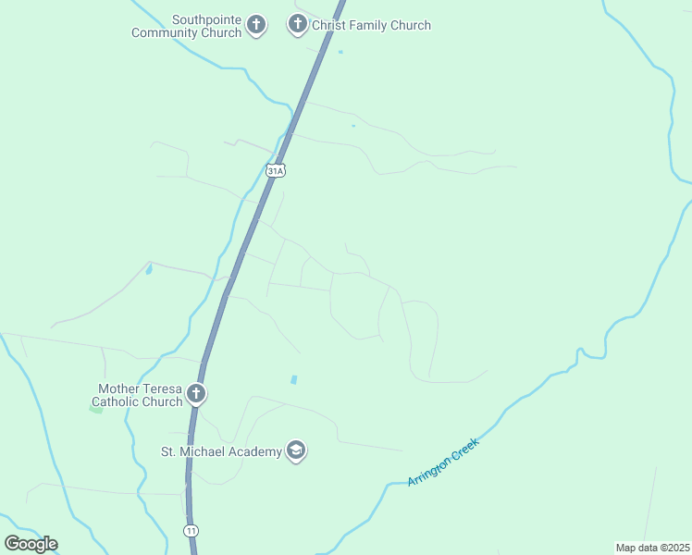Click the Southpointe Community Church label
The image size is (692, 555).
(x=187, y=26)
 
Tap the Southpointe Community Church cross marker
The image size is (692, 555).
(x=256, y=25)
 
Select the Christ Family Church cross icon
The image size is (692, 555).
(x=297, y=24)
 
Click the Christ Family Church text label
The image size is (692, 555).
(x=371, y=25)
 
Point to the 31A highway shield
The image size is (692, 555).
(x=275, y=170)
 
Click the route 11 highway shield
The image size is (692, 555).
(x=191, y=530)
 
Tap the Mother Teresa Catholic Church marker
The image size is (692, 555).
(x=195, y=394)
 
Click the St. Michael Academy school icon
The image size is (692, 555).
(x=296, y=450)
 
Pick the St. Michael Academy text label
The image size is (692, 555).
(x=221, y=451)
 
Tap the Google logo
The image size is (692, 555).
(x=31, y=543)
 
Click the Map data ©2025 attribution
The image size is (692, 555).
(x=652, y=547)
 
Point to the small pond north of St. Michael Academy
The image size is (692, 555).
(x=294, y=379)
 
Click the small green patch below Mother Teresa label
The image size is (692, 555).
(x=96, y=408)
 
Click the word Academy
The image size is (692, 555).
(x=255, y=451)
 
